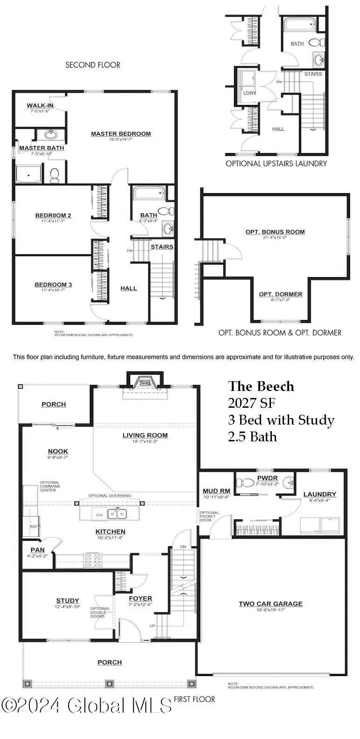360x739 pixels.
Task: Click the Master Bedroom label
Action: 121,134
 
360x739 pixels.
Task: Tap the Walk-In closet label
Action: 40,105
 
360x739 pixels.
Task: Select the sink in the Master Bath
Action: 51,135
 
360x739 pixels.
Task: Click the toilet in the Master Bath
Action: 55,175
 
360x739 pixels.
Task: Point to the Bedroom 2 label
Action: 53,216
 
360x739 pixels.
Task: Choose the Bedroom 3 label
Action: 53,285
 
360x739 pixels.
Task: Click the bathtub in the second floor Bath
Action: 148,194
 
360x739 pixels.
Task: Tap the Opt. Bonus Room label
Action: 275,232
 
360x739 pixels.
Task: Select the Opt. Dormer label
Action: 281,294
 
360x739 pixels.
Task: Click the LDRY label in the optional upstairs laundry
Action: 250,93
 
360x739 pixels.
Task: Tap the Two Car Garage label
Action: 270,604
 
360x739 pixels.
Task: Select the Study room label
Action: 68,600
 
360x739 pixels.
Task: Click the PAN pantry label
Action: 37,550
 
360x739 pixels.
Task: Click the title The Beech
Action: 261,386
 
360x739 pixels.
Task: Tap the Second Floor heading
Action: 93,65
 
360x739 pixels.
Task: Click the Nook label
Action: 58,451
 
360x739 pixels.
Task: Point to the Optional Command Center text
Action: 49,486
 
